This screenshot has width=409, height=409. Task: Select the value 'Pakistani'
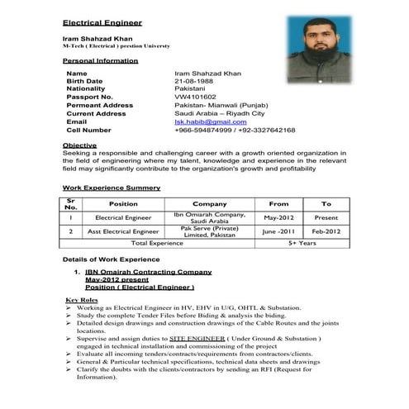(x=191, y=89)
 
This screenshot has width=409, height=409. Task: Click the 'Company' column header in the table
(x=209, y=203)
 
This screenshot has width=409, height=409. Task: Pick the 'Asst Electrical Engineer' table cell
(x=123, y=232)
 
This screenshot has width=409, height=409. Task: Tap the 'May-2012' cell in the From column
(x=279, y=217)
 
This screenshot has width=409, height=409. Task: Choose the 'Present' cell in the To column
(x=326, y=217)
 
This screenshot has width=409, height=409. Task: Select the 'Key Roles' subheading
(x=82, y=299)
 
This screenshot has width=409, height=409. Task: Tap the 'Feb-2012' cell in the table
(x=326, y=232)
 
